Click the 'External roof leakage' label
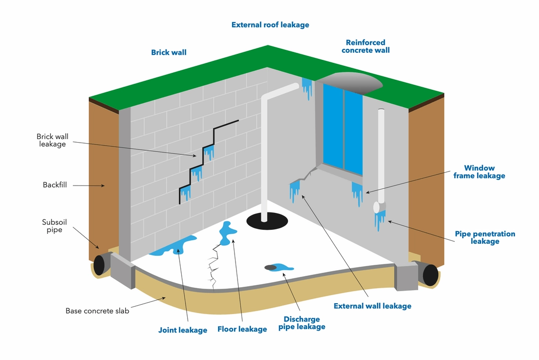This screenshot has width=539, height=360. pos(270,25)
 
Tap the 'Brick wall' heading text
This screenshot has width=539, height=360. pos(169,52)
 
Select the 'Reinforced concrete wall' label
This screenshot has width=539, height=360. pos(365,46)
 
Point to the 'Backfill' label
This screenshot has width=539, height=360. pos(55,185)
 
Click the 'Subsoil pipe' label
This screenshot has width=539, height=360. pos(52,226)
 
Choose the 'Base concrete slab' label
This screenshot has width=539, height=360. pos(97,311)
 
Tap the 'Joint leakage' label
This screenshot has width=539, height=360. pos(183,330)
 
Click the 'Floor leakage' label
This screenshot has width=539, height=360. pos(242,329)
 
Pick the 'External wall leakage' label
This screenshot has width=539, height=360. pos(372,306)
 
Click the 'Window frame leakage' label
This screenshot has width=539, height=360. pos(479,172)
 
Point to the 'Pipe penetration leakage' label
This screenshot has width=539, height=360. pos(485,237)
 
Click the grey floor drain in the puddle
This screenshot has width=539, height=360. pos(271,268)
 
